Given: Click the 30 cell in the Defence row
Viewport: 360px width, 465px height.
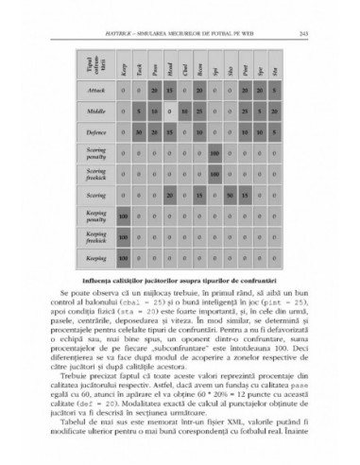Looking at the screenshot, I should pos(139,159).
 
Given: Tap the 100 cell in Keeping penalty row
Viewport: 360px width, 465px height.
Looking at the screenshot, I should pos(124,244).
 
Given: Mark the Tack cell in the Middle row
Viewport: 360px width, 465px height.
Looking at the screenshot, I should pos(139,138).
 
